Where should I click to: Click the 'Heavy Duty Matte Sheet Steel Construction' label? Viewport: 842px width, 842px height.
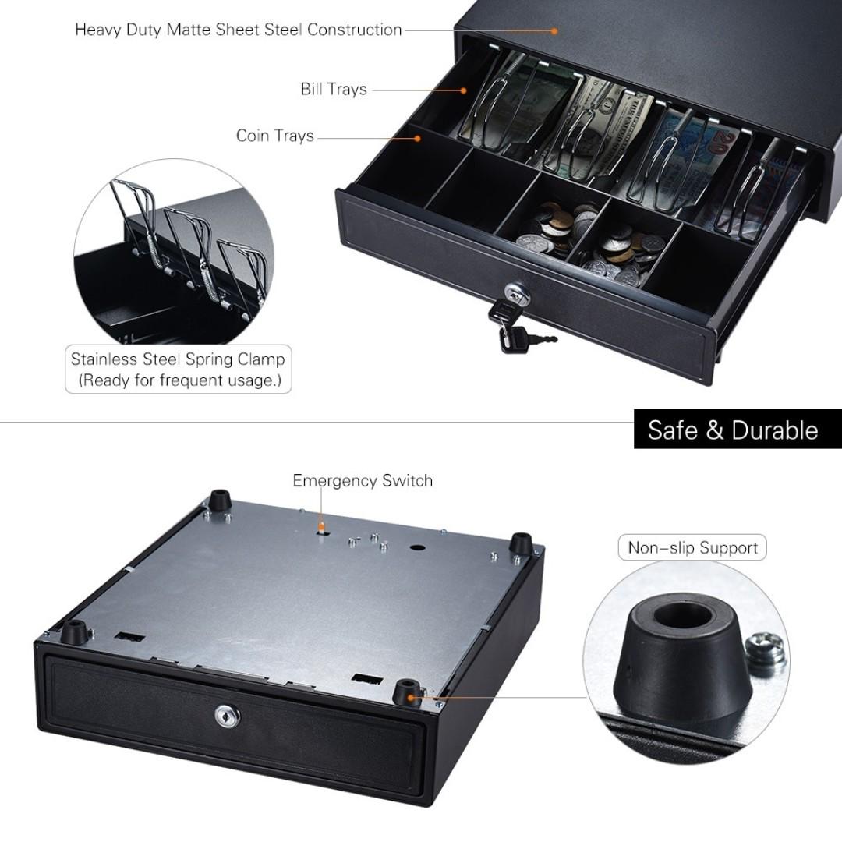click(x=238, y=30)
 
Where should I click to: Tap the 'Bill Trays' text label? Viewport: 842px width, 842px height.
click(x=334, y=89)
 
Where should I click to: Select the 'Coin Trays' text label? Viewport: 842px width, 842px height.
click(x=275, y=136)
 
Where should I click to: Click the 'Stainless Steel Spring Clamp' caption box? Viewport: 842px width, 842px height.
click(x=178, y=370)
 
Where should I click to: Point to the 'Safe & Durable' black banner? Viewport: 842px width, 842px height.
click(x=732, y=430)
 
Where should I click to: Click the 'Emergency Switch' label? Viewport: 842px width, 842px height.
click(x=363, y=480)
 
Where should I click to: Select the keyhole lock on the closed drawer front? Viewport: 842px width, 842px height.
click(x=227, y=715)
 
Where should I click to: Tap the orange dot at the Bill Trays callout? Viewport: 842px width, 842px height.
click(x=463, y=90)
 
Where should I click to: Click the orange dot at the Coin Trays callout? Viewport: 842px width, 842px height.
click(x=417, y=138)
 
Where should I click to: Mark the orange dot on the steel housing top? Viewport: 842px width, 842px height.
click(x=555, y=31)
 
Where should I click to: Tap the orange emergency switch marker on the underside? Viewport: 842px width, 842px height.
click(x=320, y=528)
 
